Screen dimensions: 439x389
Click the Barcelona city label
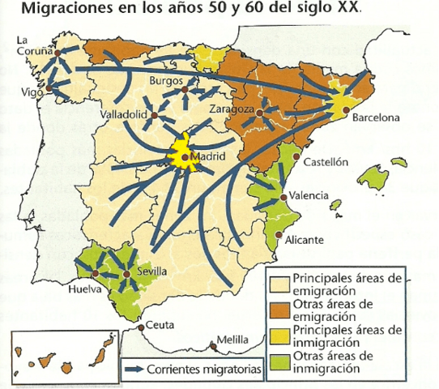[375, 118]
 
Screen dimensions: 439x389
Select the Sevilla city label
[153, 274]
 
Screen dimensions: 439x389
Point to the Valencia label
[311, 195]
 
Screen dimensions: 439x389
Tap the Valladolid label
[121, 116]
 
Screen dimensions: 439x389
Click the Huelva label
[87, 289]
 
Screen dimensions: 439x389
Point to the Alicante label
[305, 241]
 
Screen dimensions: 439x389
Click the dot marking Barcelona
[345, 109]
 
